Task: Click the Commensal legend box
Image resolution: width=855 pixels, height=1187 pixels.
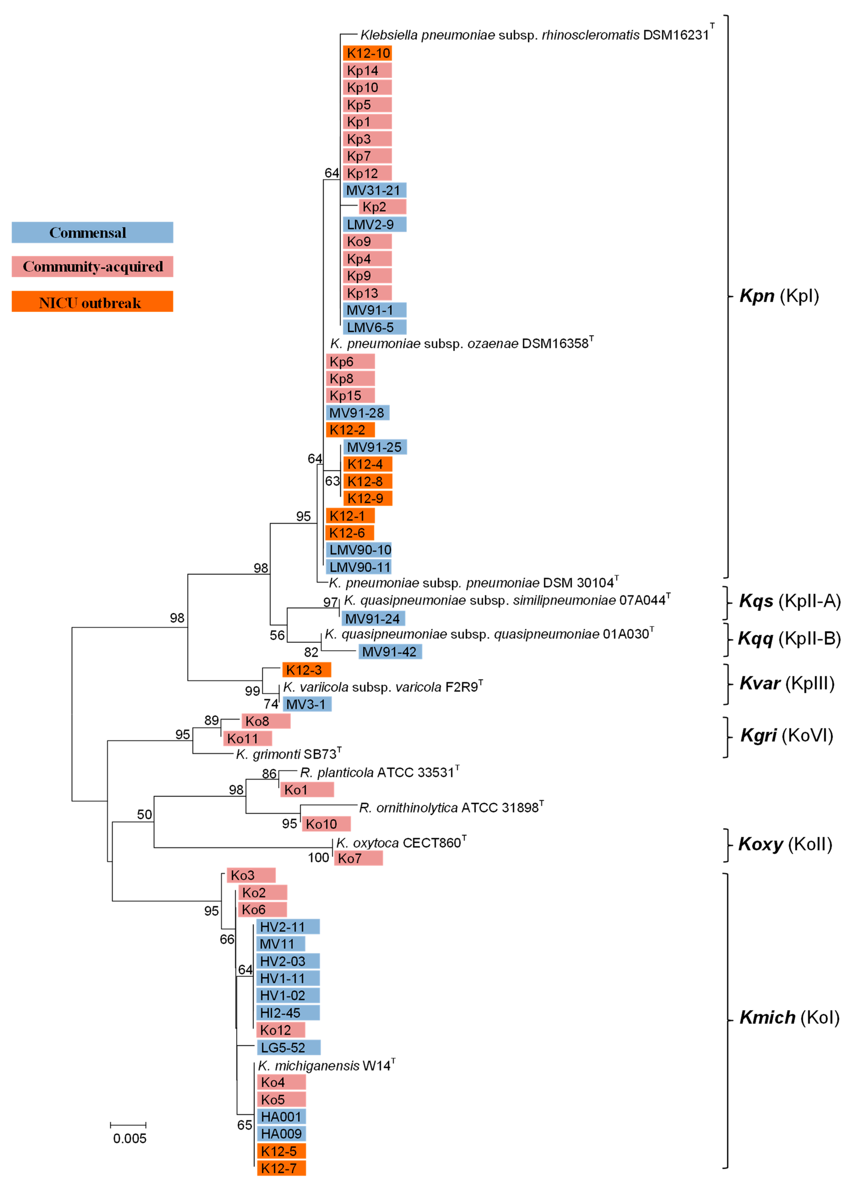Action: pos(92,232)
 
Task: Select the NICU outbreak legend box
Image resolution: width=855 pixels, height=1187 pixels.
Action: pos(92,302)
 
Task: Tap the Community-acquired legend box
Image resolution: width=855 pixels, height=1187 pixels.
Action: pos(92,266)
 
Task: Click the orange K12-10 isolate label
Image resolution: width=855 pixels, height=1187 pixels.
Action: pos(367,53)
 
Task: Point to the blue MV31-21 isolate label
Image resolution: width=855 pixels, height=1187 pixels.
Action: pos(374,190)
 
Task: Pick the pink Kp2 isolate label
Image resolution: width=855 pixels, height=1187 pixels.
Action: pos(382,207)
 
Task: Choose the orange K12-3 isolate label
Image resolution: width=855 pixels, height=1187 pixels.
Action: pos(306,669)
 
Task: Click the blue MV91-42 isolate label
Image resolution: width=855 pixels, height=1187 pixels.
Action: pos(390,652)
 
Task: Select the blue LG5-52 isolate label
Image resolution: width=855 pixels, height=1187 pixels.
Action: pos(288,1047)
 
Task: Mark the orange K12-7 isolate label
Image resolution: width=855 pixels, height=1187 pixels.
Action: pos(281,1168)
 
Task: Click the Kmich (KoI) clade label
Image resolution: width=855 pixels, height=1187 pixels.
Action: pos(789,1017)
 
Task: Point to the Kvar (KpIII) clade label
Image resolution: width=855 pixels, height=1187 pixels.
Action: pos(786,683)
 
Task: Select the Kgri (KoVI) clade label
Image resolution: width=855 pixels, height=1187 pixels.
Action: pos(786,735)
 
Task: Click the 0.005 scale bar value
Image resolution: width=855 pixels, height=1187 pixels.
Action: pos(130,1138)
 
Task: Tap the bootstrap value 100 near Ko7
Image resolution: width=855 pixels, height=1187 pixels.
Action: pos(318,857)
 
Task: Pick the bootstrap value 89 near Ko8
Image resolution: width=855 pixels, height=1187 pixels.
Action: pos(211,720)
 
